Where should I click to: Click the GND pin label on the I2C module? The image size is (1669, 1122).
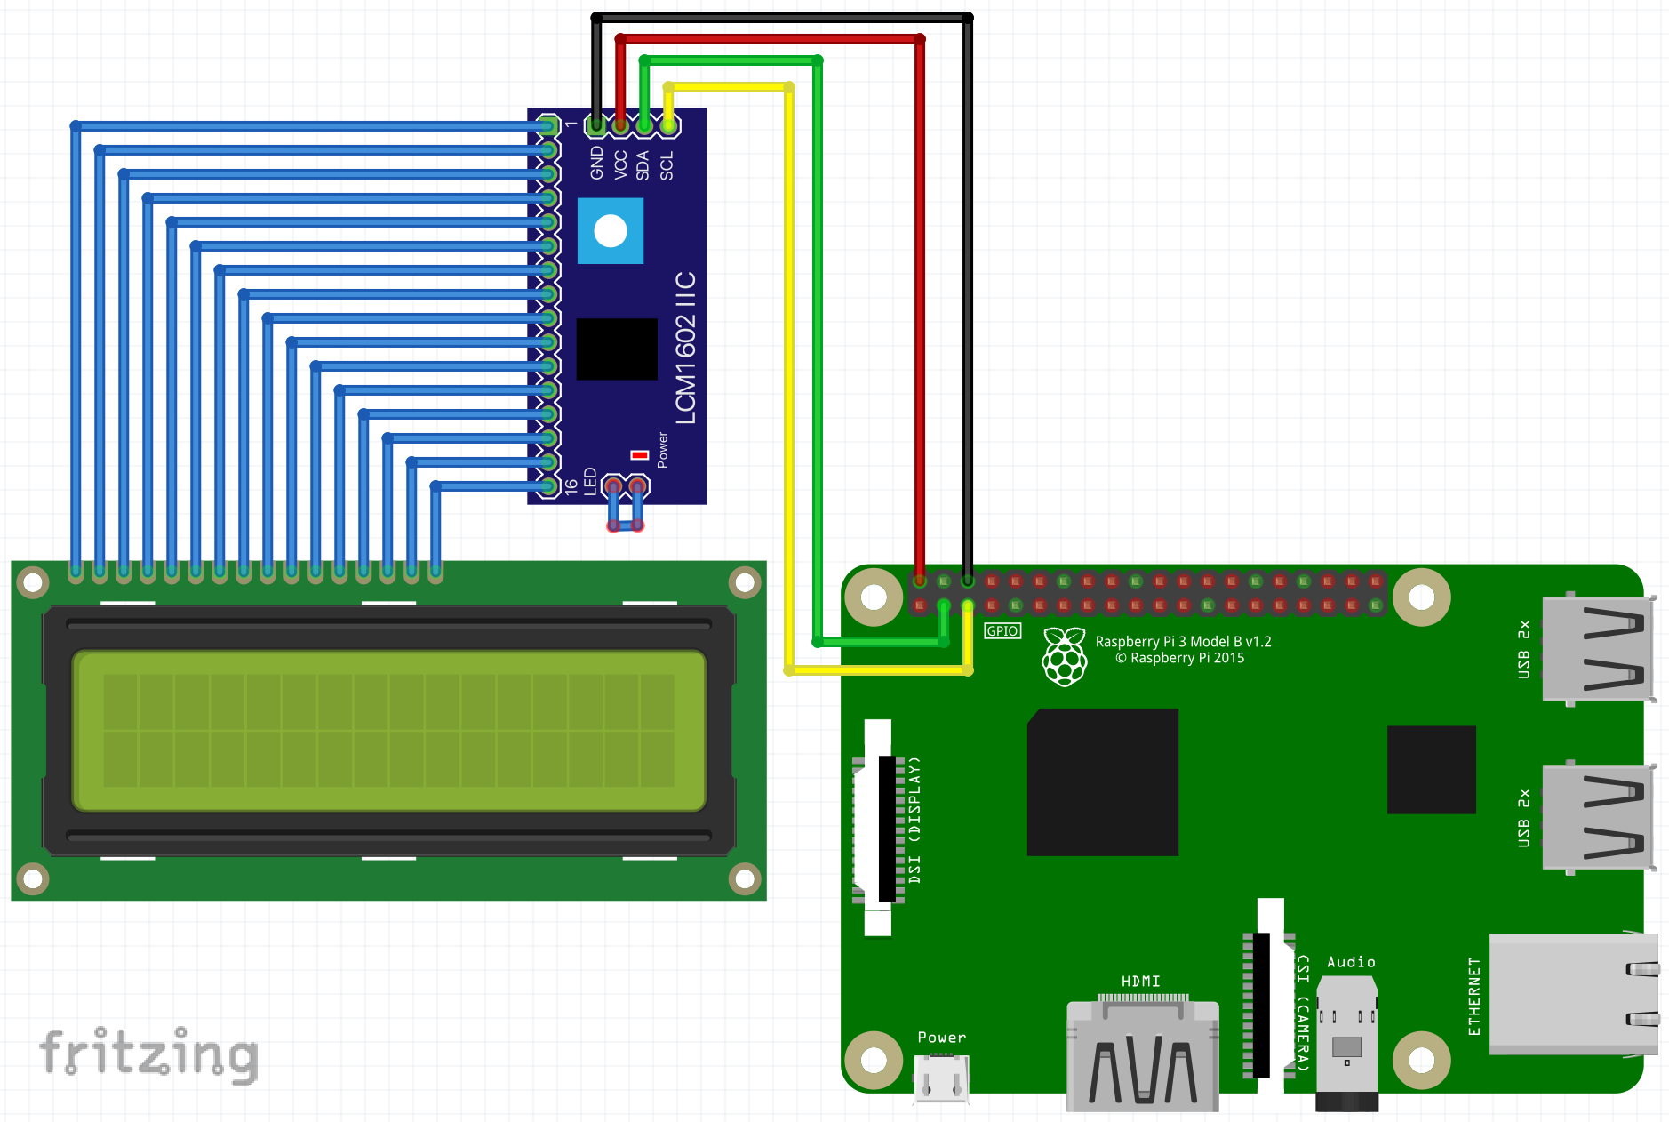tap(596, 163)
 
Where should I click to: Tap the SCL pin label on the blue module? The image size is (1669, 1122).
tap(667, 165)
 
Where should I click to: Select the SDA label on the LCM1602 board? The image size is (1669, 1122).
tap(643, 165)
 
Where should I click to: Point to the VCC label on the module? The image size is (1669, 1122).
tap(620, 164)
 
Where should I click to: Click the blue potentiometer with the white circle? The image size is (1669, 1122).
tap(611, 231)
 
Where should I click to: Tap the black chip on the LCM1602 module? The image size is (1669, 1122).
tap(617, 349)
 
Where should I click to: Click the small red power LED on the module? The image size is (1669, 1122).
tap(640, 455)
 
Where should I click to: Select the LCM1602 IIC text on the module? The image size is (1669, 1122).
tap(685, 349)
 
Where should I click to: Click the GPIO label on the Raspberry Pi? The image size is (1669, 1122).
tap(1002, 631)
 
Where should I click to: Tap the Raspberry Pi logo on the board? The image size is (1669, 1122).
tap(1065, 657)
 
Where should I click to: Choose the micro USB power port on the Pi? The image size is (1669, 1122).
tap(941, 1078)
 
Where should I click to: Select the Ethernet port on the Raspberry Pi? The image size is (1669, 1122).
tap(1571, 994)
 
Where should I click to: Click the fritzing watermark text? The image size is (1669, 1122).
tap(148, 1054)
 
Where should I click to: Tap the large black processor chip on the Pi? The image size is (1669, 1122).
tap(1103, 782)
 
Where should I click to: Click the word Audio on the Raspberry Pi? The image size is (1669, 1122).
tap(1351, 962)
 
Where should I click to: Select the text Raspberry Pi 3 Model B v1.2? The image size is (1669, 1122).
tap(1183, 641)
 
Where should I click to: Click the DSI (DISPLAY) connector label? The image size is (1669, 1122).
tap(914, 820)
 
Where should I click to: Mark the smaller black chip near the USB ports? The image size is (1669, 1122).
tap(1432, 770)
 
